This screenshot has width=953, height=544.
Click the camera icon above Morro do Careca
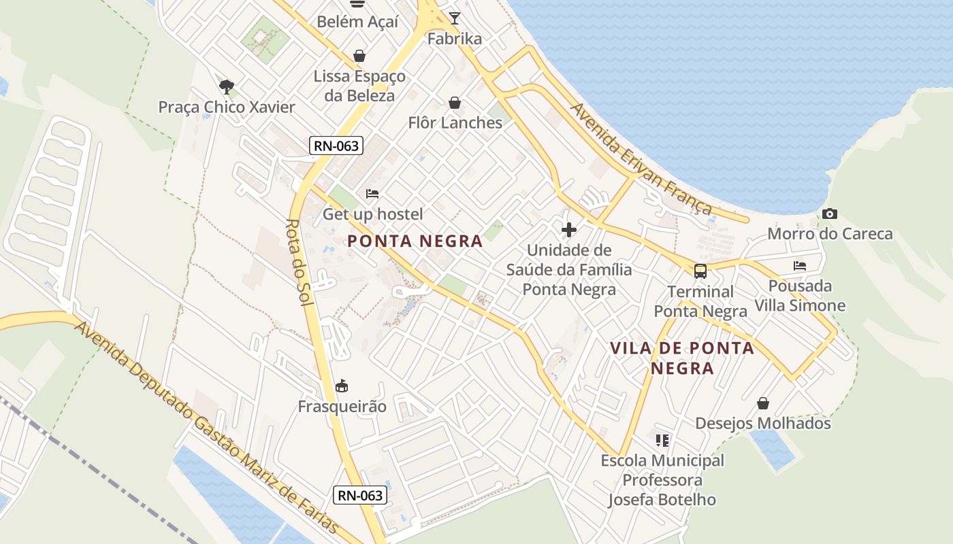pyautogui.click(x=829, y=214)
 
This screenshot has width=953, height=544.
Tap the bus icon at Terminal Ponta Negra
pyautogui.click(x=700, y=271)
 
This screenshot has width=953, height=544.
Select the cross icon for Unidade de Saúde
pyautogui.click(x=568, y=230)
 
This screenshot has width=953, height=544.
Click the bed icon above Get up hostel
pyautogui.click(x=372, y=194)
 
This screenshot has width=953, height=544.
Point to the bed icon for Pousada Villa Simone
pyautogui.click(x=800, y=266)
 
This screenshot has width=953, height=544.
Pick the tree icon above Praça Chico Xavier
pyautogui.click(x=227, y=86)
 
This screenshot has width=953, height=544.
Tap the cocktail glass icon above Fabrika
pyautogui.click(x=455, y=18)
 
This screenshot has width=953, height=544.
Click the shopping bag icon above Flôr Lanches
pyautogui.click(x=455, y=103)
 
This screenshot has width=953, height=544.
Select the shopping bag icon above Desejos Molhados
pyautogui.click(x=763, y=403)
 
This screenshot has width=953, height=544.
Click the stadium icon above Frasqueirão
pyautogui.click(x=342, y=386)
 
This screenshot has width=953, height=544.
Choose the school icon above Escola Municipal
pyautogui.click(x=662, y=441)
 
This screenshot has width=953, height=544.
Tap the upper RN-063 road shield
pyautogui.click(x=336, y=146)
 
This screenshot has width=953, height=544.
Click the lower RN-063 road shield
pyautogui.click(x=361, y=495)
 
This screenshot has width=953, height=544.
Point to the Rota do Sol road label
pyautogui.click(x=300, y=262)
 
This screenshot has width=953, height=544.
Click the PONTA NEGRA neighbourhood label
pyautogui.click(x=415, y=241)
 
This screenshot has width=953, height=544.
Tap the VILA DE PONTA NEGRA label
pyautogui.click(x=682, y=358)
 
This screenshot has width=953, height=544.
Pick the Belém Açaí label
pyautogui.click(x=357, y=22)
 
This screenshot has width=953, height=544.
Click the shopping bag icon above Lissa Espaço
pyautogui.click(x=359, y=56)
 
